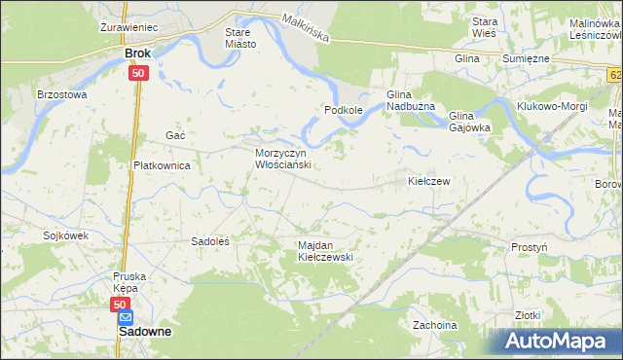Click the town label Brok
click(x=138, y=54)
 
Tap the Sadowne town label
click(x=144, y=331)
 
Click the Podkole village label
click(x=344, y=111)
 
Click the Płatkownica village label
click(x=161, y=165)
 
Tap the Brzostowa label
click(x=62, y=95)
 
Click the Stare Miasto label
click(x=239, y=38)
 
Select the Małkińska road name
click(x=305, y=28)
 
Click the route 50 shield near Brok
click(x=138, y=73)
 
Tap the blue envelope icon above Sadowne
click(x=126, y=316)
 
